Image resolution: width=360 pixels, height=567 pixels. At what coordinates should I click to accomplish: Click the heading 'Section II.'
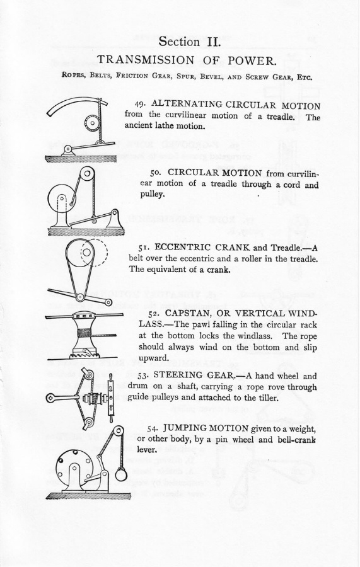[189, 41]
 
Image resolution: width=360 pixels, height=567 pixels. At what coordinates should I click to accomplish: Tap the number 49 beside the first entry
[140, 104]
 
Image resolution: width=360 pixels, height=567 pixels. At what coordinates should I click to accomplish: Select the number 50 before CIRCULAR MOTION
[156, 173]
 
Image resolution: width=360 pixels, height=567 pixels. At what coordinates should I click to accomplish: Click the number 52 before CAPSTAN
[154, 313]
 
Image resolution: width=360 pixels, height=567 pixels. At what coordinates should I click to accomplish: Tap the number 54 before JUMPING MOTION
[153, 428]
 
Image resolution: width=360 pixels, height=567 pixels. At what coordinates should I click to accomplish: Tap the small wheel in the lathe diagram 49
[92, 123]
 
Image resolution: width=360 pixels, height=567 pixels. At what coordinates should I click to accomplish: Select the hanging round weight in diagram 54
[121, 474]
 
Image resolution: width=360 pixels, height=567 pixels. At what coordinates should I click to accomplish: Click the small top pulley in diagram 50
[87, 174]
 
